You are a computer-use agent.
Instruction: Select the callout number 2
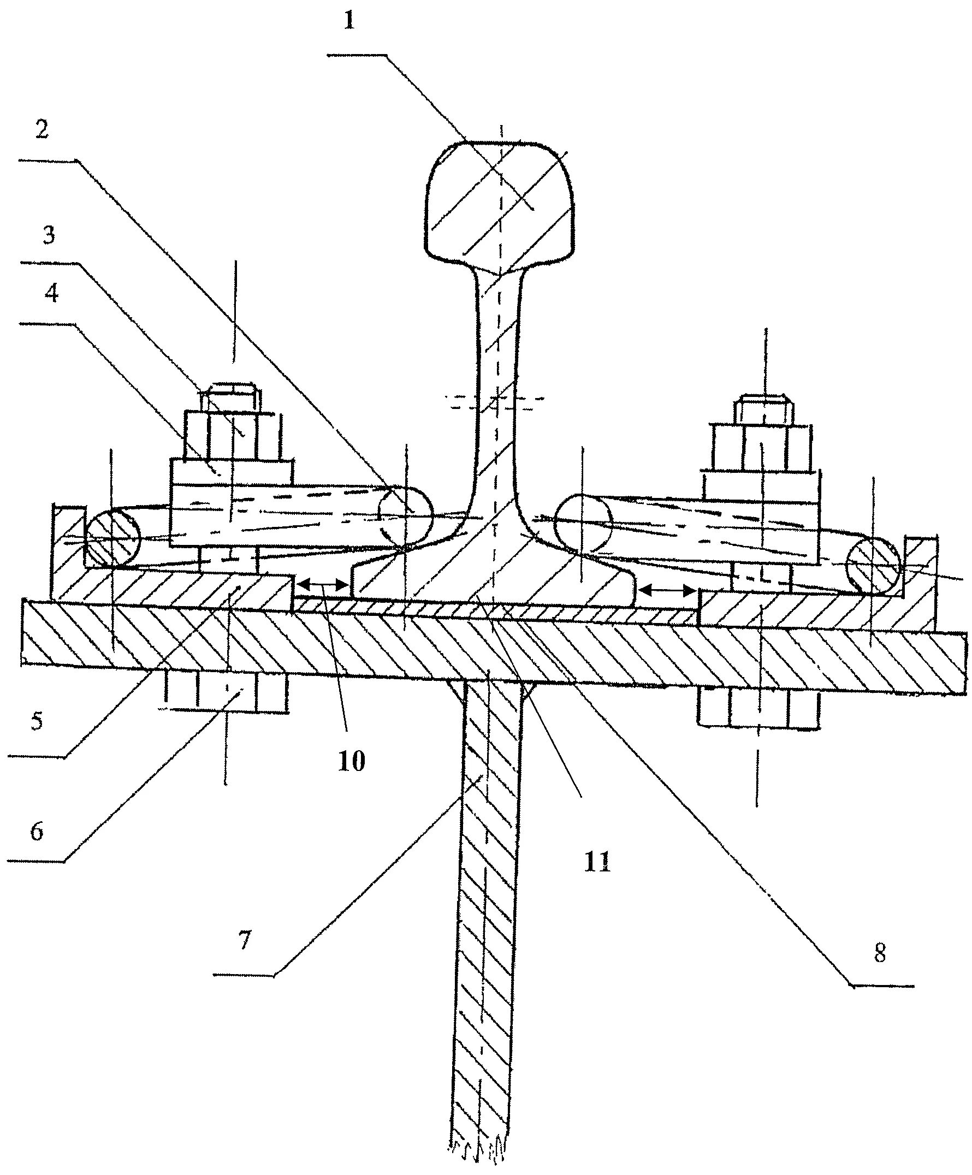pos(43,130)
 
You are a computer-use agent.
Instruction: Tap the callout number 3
pos(49,235)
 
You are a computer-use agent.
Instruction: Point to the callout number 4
pos(51,293)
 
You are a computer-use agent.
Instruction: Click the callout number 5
pos(37,721)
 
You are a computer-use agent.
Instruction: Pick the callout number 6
pos(37,832)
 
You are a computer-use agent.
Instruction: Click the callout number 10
pos(352,761)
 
